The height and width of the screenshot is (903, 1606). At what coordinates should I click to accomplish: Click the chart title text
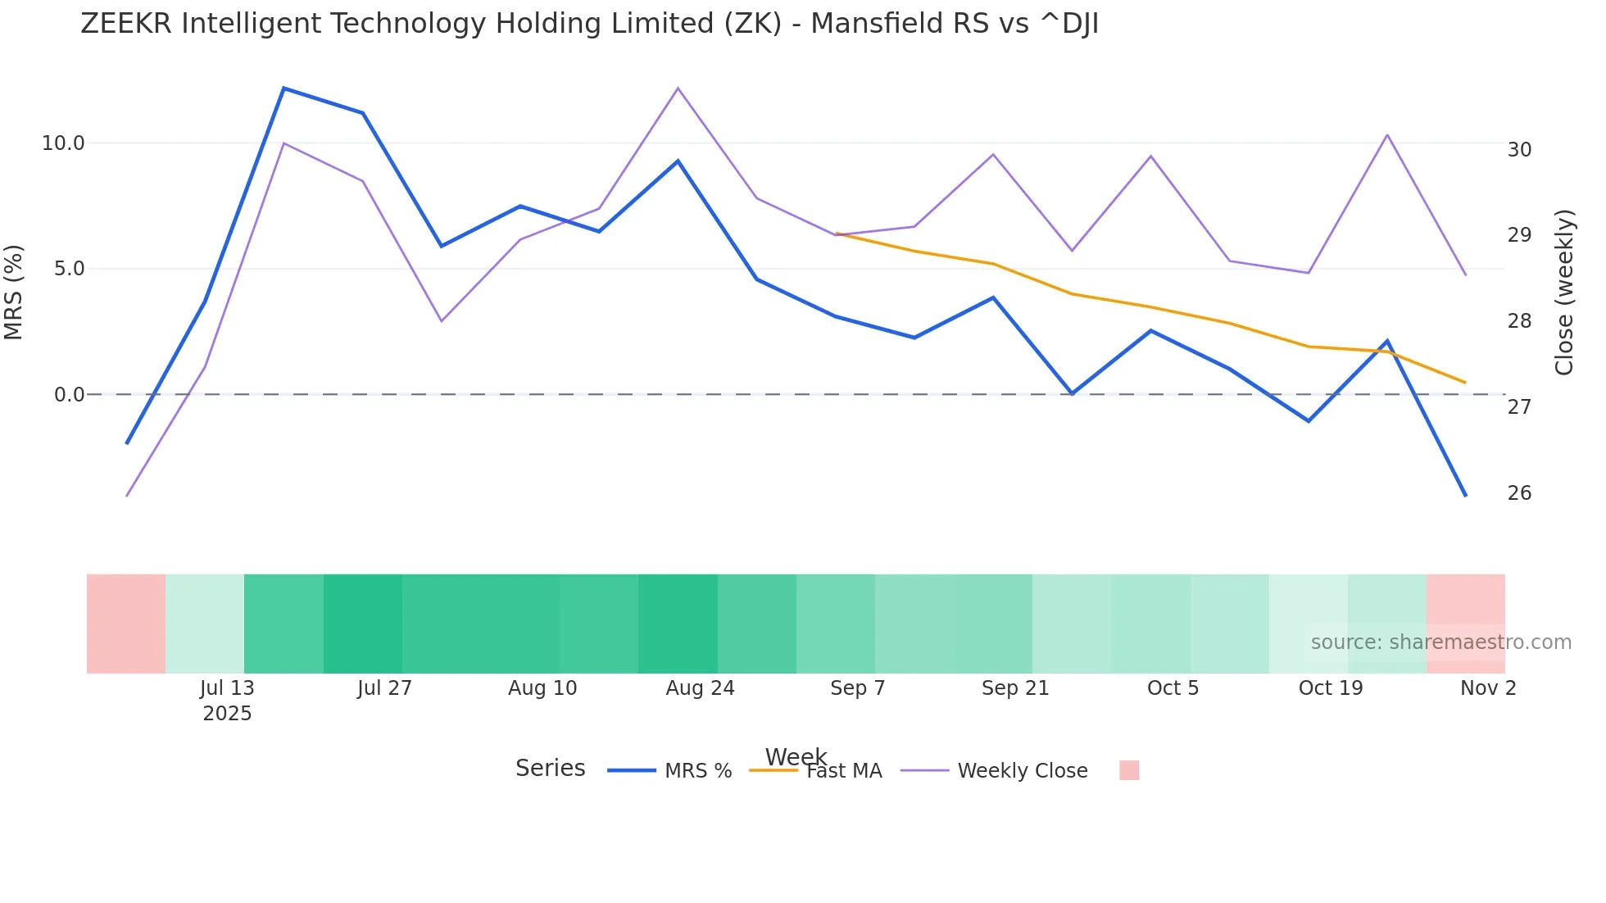589,24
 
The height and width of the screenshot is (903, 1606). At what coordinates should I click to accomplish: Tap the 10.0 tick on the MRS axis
63,143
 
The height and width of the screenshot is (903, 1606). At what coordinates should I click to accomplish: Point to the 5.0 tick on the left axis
69,269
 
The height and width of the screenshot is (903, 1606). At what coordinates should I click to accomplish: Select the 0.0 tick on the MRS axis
69,395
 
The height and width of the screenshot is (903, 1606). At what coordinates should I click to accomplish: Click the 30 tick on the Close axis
1519,150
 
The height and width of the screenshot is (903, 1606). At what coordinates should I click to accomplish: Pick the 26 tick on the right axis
1519,493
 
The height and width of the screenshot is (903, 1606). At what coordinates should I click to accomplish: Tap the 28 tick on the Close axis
1519,321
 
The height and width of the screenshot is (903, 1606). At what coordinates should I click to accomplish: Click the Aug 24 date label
700,688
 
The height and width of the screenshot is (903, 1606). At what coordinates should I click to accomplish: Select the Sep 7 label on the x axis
857,688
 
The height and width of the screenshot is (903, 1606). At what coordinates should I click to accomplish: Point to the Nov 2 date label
1488,688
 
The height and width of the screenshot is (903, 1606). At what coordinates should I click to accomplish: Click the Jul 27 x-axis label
384,688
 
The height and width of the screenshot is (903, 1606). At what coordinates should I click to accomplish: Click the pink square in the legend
1129,770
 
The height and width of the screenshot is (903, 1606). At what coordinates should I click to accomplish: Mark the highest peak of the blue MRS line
284,88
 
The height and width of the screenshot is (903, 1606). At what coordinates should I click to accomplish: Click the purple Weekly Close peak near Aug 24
678,88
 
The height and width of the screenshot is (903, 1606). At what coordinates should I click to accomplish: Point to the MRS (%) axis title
14,292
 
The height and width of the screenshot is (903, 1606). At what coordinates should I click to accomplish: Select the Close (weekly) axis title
1564,292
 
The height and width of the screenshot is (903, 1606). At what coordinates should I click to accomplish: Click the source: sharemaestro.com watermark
1440,642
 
